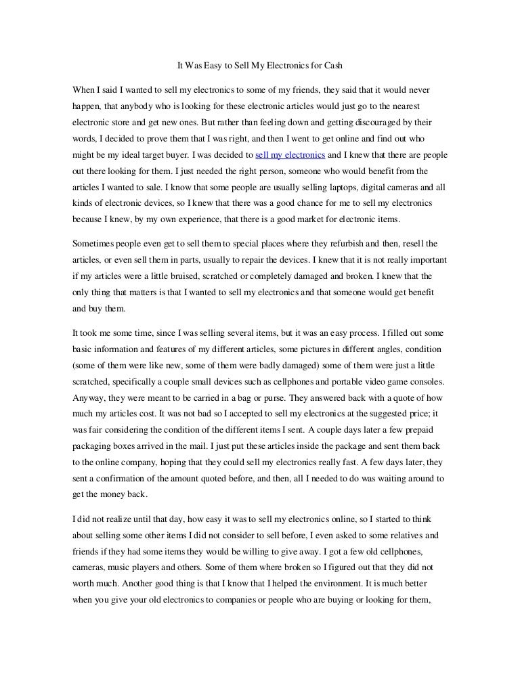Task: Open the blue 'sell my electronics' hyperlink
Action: click(286, 154)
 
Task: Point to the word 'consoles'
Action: click(425, 381)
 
